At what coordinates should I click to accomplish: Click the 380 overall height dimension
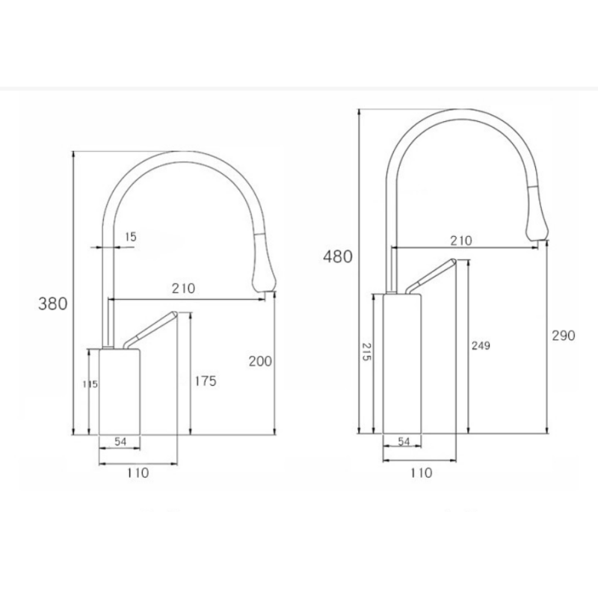(52, 304)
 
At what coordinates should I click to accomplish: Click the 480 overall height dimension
(338, 256)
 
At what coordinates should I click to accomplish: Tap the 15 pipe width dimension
(130, 237)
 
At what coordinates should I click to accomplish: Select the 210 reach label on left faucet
(183, 289)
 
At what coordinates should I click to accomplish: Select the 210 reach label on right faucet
(461, 241)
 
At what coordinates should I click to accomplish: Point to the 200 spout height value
(260, 361)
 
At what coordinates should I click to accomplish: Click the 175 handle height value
(206, 381)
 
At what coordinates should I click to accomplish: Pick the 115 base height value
(90, 384)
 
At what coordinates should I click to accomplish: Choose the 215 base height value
(366, 351)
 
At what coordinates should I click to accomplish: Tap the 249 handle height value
(481, 345)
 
